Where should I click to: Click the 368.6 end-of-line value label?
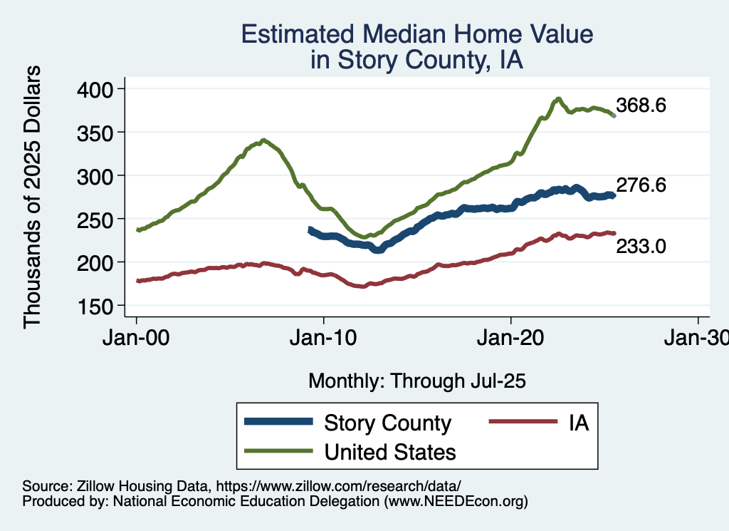point(641,105)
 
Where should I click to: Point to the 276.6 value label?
point(641,185)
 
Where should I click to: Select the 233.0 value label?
point(641,247)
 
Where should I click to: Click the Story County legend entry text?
point(387,423)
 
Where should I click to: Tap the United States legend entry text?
point(390,451)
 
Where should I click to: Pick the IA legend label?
point(579,423)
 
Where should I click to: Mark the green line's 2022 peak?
point(559,99)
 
